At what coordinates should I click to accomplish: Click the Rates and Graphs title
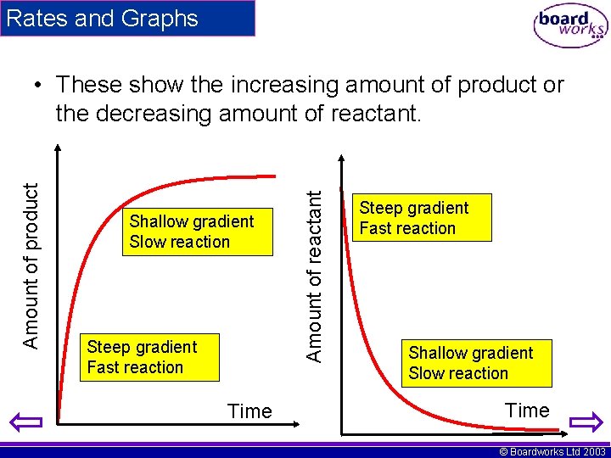pos(101,19)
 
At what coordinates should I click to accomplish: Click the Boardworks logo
pos(570,26)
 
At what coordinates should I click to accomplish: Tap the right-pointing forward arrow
pos(585,422)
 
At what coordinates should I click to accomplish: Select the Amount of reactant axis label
pos(314,276)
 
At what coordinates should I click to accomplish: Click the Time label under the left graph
pos(249,411)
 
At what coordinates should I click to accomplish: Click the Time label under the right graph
pos(527,411)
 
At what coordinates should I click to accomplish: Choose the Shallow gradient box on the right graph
pos(479,363)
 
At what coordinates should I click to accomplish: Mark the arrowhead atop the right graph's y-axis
pos(340,159)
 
